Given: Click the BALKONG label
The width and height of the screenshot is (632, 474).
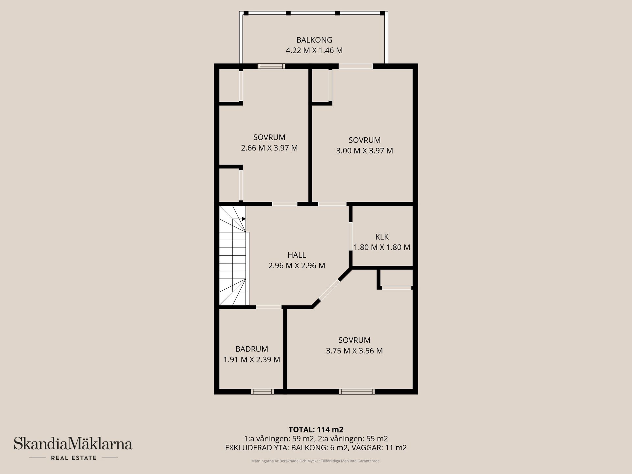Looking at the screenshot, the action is coord(314,40).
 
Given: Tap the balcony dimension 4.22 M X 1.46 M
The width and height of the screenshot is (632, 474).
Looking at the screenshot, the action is coord(314,51).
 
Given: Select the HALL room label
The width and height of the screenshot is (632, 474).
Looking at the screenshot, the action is coord(297,255).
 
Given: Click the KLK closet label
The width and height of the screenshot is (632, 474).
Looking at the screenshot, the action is coord(382,237).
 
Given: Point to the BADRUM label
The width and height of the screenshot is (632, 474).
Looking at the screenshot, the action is coord(252,349).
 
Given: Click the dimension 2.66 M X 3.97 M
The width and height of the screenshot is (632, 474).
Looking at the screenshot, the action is coord(269,148).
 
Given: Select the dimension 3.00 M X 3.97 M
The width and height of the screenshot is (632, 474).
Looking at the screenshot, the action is coord(364,151).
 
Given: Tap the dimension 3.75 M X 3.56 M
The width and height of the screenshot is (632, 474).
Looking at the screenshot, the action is coord(354,351).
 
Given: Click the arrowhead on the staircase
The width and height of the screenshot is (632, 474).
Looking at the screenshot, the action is coord(244,219).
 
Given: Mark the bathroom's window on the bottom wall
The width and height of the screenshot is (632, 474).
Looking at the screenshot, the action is coord(262,392).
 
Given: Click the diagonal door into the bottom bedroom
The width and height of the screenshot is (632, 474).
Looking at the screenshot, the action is coord(329,290).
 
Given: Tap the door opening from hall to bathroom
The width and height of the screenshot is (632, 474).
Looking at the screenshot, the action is coord(269,307).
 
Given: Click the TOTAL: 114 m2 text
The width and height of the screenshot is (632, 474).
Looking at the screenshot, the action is coord(316,430).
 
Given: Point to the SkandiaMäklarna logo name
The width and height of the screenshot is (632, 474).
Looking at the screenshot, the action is coord(73,444).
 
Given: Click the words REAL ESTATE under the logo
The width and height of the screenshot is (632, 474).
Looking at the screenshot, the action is coord(74,458).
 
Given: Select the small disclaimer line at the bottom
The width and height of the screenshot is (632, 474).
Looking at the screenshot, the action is coord(316,461).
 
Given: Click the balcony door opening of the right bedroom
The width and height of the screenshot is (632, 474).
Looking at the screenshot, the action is coord(355,66).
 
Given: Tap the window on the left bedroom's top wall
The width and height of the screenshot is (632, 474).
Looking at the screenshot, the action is coord(271,66).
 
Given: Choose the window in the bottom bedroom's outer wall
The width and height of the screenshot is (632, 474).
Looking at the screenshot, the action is coord(357,392).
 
